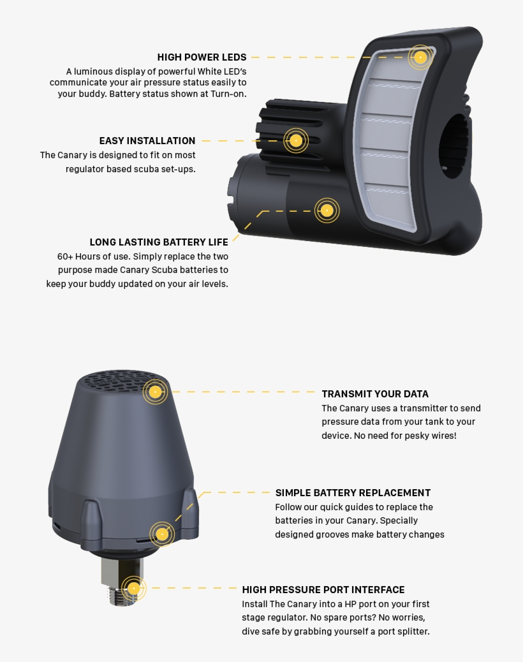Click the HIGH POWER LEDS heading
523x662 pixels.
[202, 57]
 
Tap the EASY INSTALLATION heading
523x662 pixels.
[147, 140]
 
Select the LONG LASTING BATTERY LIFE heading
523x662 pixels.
[159, 242]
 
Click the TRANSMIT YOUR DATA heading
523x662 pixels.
[375, 394]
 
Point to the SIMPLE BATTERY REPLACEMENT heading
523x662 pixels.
[353, 493]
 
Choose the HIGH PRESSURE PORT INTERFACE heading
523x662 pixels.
[323, 589]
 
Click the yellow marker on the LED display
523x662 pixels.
[420, 57]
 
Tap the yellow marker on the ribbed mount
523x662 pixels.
[296, 140]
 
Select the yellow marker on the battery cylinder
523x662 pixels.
[327, 210]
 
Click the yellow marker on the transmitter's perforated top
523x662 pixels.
[156, 392]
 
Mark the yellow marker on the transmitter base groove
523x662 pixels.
[162, 534]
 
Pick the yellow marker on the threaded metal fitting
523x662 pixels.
[133, 588]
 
